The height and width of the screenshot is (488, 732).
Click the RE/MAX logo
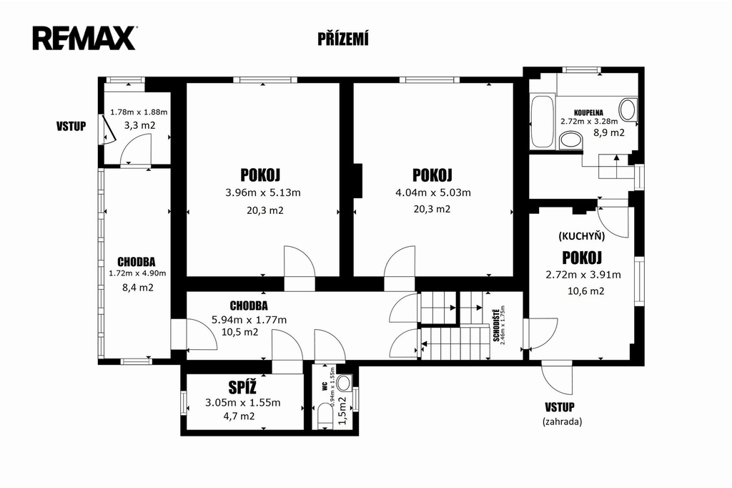tap(84, 39)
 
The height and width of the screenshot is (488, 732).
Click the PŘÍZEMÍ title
tap(343, 39)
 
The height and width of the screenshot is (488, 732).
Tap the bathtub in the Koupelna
tap(543, 121)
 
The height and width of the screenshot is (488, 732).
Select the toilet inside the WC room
tap(323, 416)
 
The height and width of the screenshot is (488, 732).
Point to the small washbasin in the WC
tap(345, 384)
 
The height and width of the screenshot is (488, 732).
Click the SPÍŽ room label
tap(242, 387)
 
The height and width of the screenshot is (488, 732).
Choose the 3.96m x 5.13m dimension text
tap(263, 192)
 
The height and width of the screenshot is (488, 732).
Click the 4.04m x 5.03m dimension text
tap(432, 192)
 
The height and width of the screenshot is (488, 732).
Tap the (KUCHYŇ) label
tap(582, 236)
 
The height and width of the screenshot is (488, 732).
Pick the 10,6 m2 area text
tap(586, 291)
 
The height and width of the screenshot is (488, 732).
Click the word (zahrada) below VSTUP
tap(562, 421)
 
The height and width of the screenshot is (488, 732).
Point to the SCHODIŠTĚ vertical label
tap(496, 324)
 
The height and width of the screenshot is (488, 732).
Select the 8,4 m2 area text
tap(138, 288)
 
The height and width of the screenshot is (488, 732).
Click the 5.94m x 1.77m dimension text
tap(249, 320)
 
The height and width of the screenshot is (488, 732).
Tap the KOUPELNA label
tap(589, 112)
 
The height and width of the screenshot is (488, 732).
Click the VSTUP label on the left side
tap(71, 126)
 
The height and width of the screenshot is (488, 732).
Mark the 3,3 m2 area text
tap(139, 125)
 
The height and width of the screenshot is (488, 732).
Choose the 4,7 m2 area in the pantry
tap(239, 416)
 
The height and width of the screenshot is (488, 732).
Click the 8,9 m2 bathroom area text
tap(609, 133)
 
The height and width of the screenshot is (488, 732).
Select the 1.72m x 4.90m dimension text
tap(137, 273)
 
